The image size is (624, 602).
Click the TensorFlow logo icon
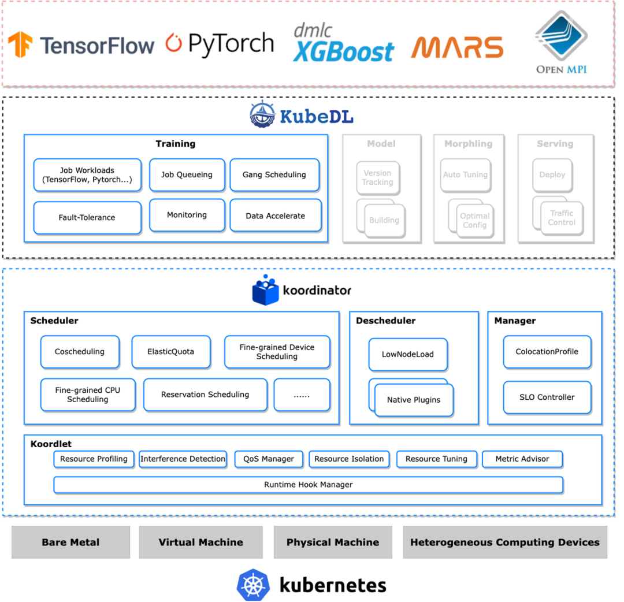20,44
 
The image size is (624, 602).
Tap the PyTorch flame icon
173,43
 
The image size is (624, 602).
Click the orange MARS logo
457,48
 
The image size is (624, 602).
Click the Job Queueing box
186,174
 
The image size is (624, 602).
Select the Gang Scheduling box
274,174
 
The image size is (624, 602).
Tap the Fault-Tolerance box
87,218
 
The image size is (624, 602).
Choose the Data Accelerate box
275,215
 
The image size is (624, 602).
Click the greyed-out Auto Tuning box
465,175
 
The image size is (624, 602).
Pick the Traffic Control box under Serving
562,218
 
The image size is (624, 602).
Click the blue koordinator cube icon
265,291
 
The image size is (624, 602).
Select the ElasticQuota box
171,352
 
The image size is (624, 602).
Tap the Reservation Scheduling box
205,395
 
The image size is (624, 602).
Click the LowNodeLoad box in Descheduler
408,354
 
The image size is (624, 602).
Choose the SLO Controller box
547,397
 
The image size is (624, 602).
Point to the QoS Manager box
269,459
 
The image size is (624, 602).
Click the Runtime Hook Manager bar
308,485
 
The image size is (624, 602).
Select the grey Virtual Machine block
200,542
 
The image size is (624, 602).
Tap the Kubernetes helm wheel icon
253,585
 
